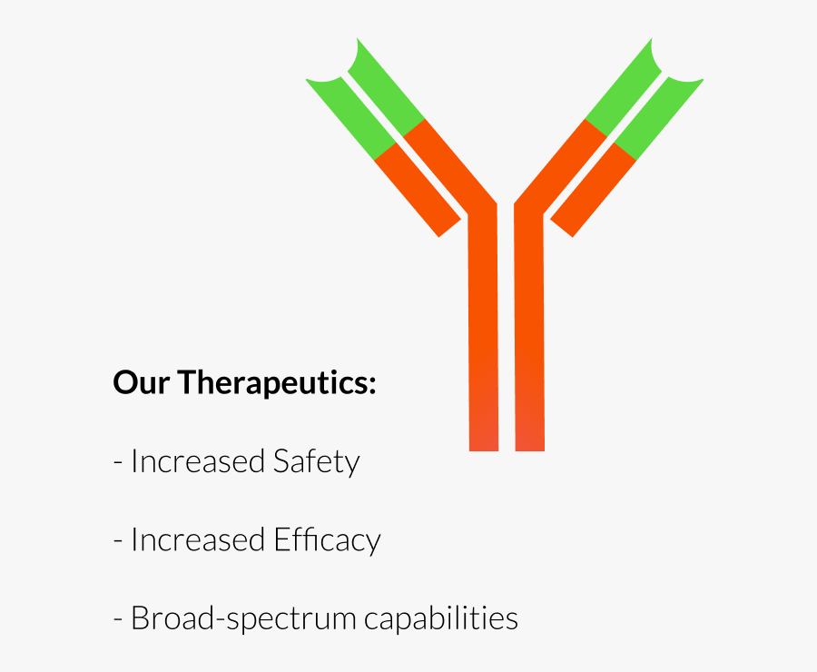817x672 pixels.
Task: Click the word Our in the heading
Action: click(142, 382)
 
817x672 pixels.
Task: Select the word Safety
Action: click(316, 461)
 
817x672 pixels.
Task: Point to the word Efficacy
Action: click(327, 540)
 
